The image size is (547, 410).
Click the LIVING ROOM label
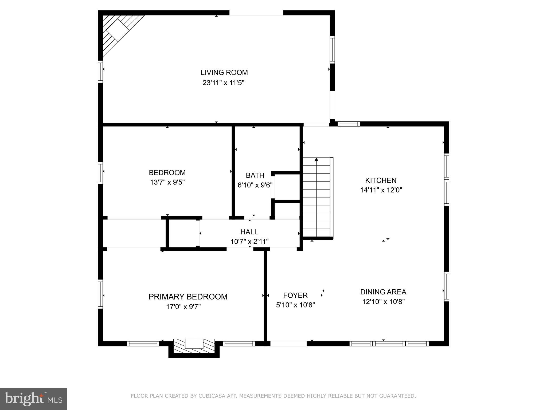(x=224, y=73)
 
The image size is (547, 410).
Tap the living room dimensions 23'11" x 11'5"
(x=224, y=83)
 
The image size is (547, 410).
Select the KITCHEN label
(x=381, y=180)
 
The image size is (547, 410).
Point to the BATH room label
(x=255, y=175)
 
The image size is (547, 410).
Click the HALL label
(x=249, y=232)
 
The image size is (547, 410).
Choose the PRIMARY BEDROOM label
(x=188, y=297)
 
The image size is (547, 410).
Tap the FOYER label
(x=295, y=295)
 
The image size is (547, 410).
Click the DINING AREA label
(x=383, y=292)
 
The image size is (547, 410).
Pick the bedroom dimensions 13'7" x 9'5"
(x=167, y=182)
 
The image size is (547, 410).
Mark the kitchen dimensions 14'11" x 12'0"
(x=381, y=190)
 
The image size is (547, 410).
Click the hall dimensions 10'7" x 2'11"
(x=249, y=242)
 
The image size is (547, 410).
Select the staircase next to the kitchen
(x=318, y=197)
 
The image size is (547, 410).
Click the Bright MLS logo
(x=33, y=399)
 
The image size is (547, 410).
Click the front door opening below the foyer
(x=288, y=344)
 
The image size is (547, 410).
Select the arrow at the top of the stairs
(x=317, y=160)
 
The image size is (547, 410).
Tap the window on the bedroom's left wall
(x=100, y=173)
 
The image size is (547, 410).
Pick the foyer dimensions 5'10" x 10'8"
(x=295, y=305)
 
